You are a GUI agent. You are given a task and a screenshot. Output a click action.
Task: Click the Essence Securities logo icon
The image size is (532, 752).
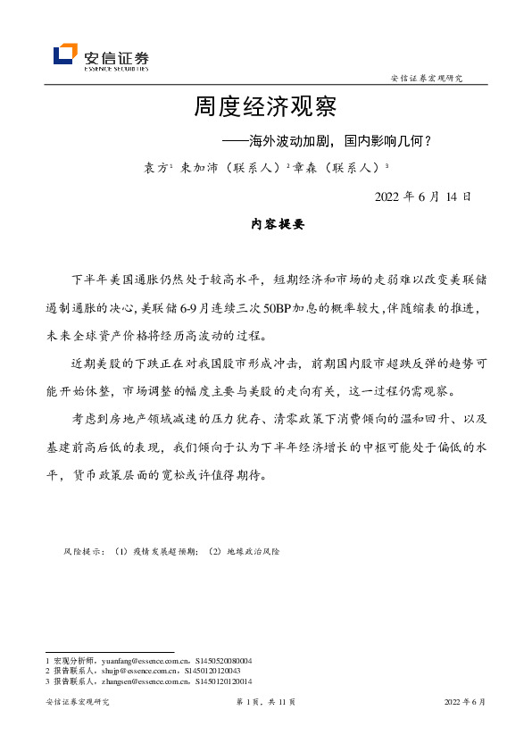[x=65, y=54]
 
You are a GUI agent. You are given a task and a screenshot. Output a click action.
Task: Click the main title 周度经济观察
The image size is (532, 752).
[x=265, y=108]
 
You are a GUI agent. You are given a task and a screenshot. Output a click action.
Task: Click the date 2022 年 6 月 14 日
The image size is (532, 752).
[x=422, y=196]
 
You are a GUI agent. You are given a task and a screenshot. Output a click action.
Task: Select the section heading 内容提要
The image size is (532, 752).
[x=278, y=226]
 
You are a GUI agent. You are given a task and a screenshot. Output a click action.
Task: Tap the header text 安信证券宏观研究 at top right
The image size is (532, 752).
[x=427, y=79]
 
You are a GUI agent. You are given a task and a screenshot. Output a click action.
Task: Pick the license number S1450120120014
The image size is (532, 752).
[x=219, y=681]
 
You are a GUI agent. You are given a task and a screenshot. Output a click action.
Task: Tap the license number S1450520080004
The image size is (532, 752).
[x=222, y=660]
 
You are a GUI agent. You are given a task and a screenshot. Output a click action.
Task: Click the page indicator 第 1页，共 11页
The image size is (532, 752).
[x=265, y=702]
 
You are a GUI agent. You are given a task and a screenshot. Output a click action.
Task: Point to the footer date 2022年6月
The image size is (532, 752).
[x=465, y=702]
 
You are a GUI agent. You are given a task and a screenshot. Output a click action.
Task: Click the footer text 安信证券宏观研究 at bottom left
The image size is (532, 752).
[x=77, y=702]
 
